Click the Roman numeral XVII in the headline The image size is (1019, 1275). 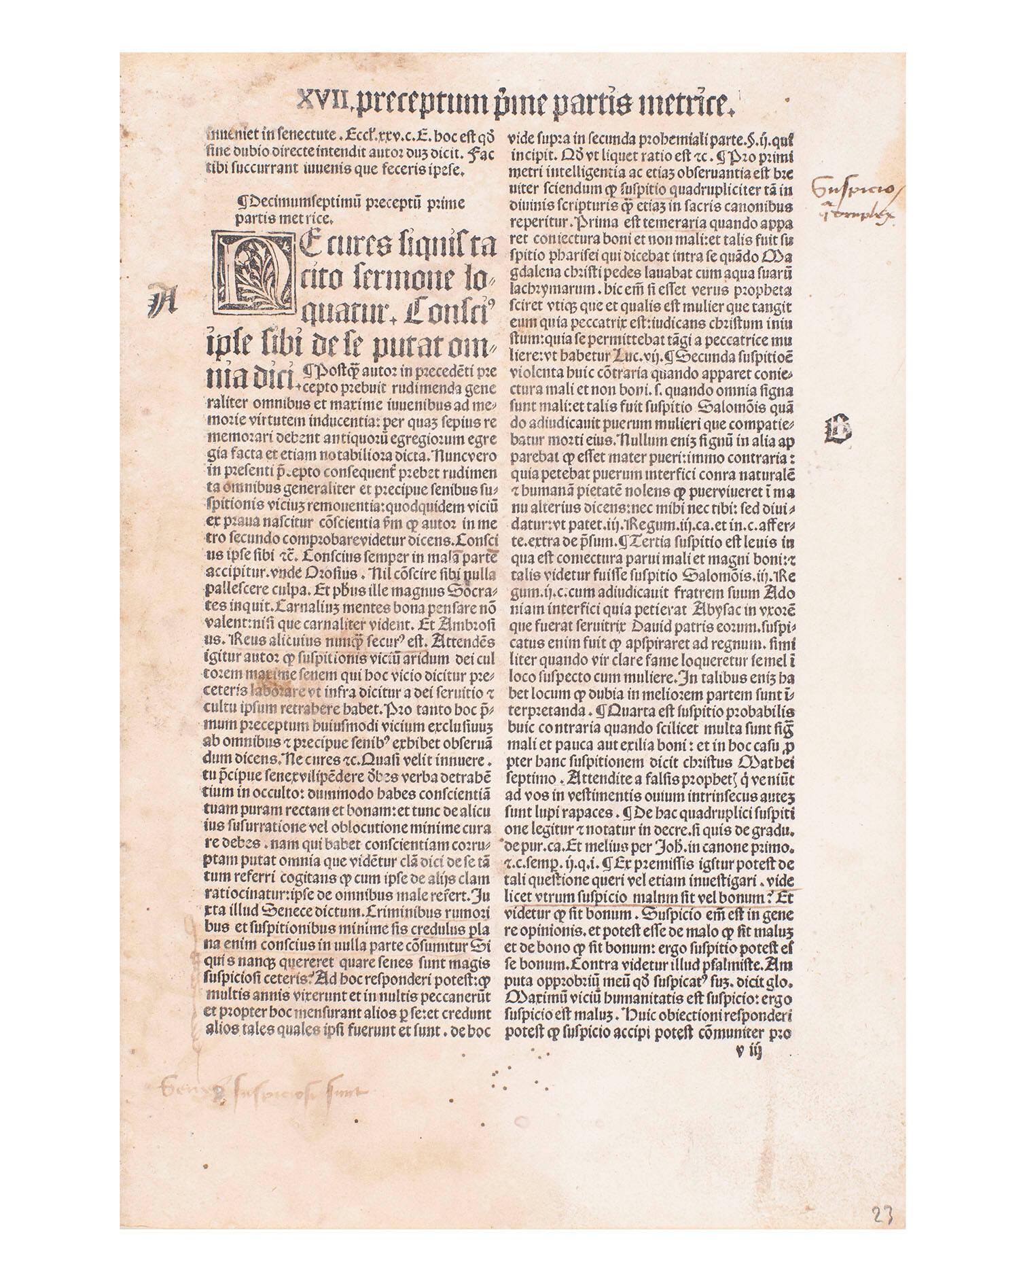[324, 103]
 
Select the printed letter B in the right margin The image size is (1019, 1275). [837, 430]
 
